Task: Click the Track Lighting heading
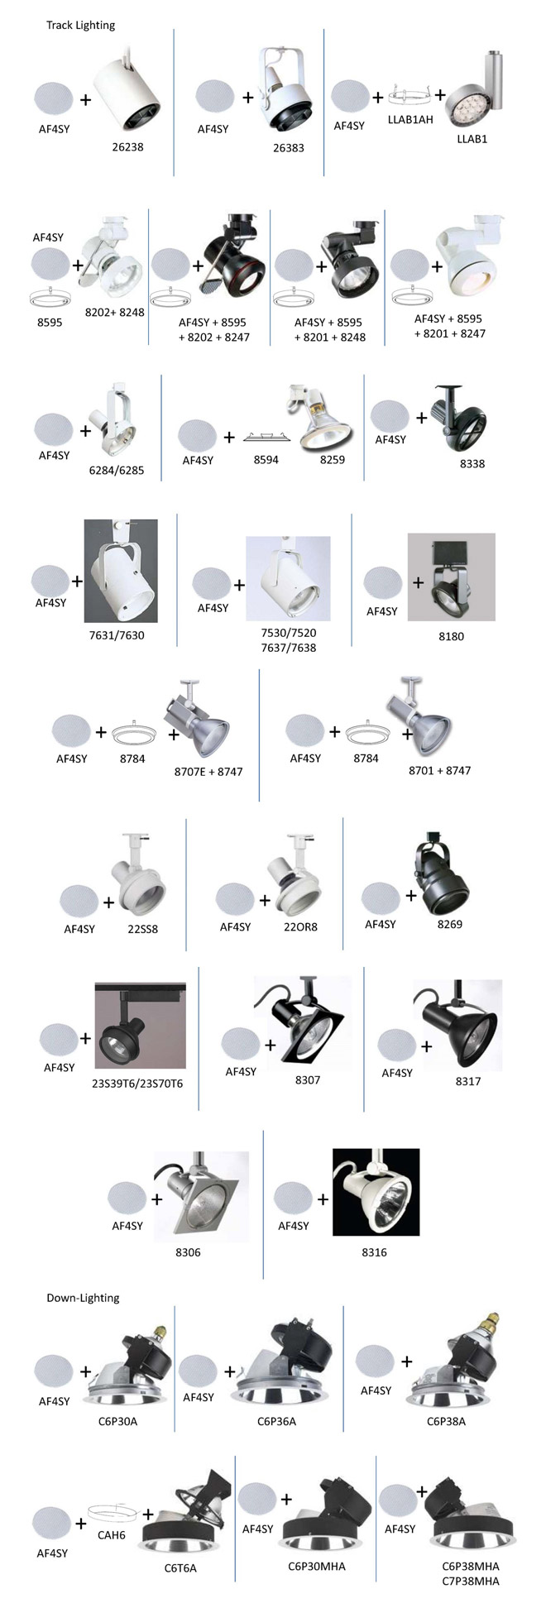80,25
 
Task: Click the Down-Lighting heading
83,1297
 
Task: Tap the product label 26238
127,147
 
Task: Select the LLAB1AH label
410,120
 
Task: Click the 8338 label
472,463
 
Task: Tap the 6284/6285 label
117,470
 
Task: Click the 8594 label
266,459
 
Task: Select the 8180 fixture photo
451,577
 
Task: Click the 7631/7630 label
117,635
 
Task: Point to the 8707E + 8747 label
208,771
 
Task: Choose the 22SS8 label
142,928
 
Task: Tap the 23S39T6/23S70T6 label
137,1082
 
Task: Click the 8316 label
374,1251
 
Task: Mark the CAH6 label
112,1534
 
